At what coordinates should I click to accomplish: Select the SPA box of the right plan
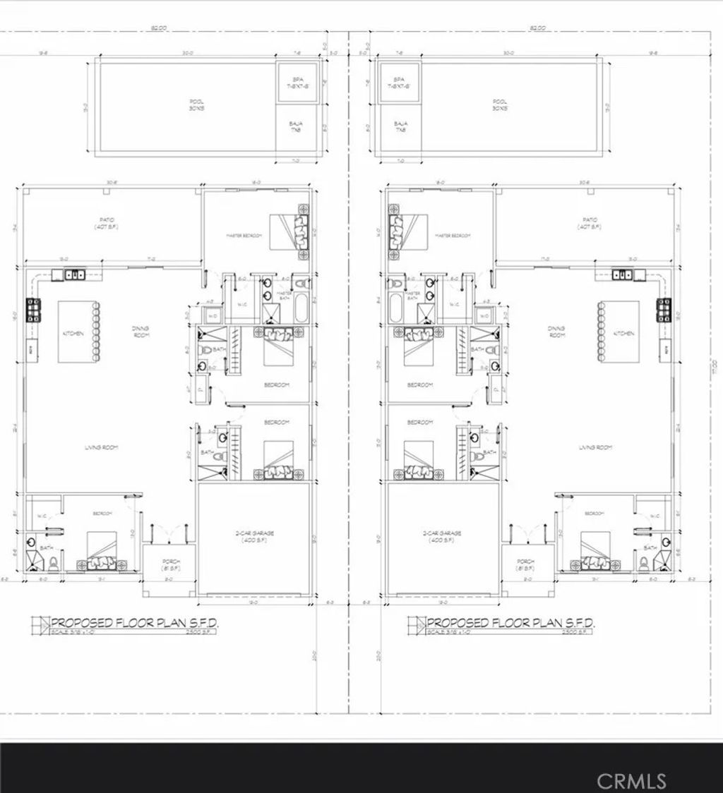(398, 81)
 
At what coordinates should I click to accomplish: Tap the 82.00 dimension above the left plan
(158, 28)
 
